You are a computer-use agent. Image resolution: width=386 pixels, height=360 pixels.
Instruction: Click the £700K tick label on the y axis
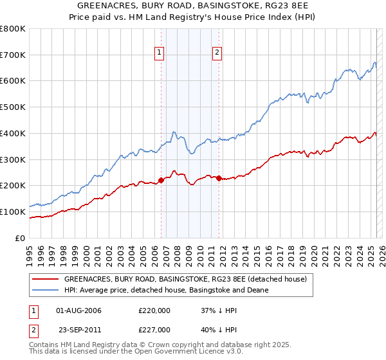click(13, 55)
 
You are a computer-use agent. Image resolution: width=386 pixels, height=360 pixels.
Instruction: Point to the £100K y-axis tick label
click(13, 212)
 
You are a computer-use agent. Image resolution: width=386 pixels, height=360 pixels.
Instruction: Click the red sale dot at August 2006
click(161, 180)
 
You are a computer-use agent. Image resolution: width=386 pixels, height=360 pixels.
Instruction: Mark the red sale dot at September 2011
click(219, 178)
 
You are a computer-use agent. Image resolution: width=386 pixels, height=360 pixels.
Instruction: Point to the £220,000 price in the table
click(154, 310)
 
